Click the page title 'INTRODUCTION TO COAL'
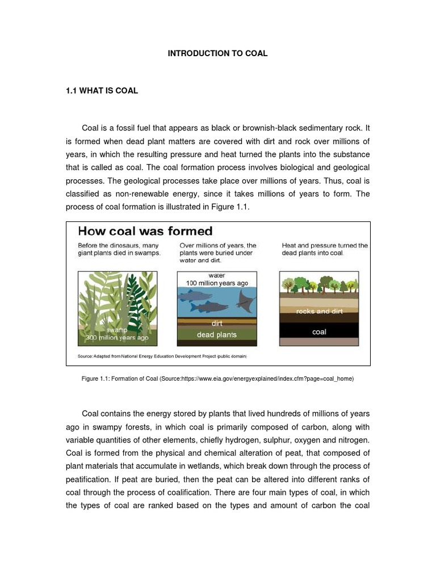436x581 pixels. point(217,53)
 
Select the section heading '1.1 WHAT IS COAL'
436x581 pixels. point(102,91)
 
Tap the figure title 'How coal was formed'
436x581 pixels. point(145,231)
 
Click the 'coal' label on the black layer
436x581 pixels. point(319,331)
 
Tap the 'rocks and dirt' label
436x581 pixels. point(319,311)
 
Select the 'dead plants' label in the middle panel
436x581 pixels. point(217,335)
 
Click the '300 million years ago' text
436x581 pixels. point(117,337)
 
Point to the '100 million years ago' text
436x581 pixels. point(217,283)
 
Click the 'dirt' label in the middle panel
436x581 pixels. point(217,323)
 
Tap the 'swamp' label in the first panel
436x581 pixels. point(117,330)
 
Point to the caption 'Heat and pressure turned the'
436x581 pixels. point(324,246)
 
